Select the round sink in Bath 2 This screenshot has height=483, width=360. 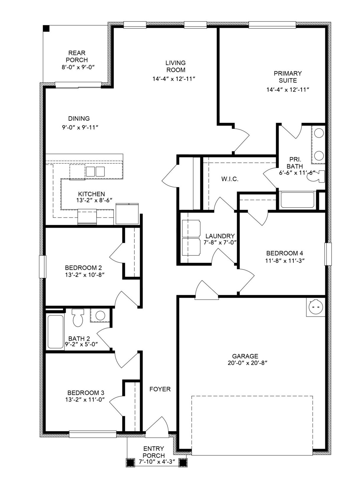point(100,316)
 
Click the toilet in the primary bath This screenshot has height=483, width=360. point(316,176)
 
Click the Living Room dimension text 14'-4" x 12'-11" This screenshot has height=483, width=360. point(174,79)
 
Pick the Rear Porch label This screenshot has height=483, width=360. point(77,56)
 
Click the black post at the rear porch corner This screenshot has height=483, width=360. point(46,28)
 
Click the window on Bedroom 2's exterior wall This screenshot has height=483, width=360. point(43,266)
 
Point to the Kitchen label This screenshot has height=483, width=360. point(91,194)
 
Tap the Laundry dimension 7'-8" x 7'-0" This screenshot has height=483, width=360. point(221,242)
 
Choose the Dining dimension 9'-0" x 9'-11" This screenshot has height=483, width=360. point(80,127)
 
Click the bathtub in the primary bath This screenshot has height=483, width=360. point(297,200)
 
